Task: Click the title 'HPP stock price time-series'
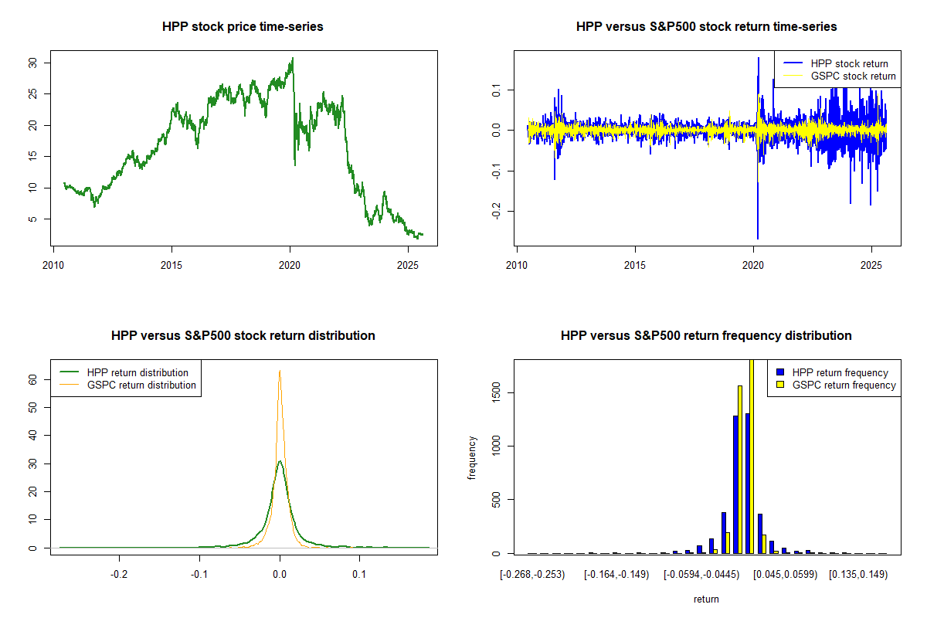(243, 26)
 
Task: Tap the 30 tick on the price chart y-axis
(32, 63)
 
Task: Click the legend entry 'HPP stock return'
(849, 63)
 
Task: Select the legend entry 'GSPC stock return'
(853, 76)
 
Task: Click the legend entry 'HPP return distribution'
(138, 372)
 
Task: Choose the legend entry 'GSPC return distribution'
(141, 385)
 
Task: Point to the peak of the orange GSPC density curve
(280, 371)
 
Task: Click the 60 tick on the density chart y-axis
(32, 379)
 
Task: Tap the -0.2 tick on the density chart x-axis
(119, 574)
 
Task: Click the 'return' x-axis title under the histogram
(706, 599)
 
